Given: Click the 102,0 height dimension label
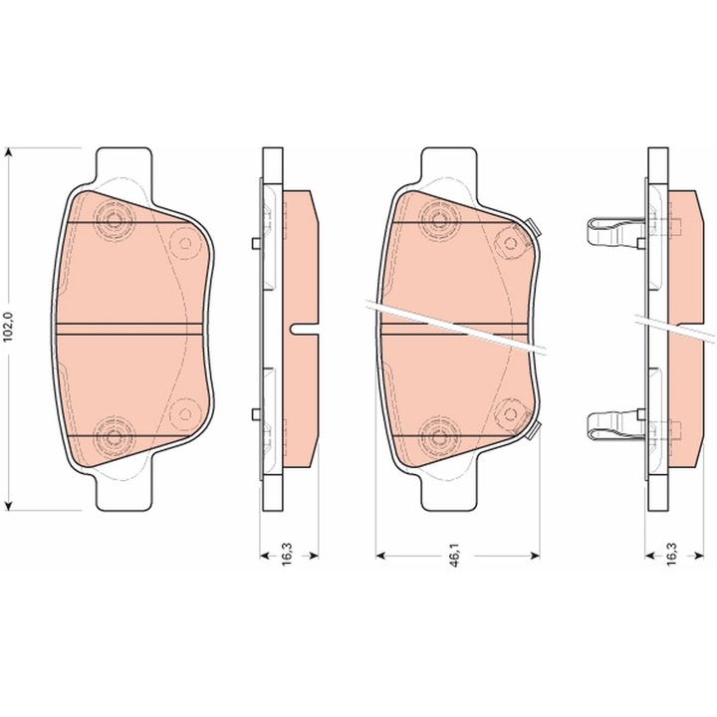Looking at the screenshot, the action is [9, 328].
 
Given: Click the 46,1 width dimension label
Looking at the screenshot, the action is [455, 556].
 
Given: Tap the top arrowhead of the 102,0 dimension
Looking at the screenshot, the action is [8, 152].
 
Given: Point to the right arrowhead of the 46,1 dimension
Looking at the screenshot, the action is [534, 556].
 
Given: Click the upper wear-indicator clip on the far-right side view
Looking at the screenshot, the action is [615, 231].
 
